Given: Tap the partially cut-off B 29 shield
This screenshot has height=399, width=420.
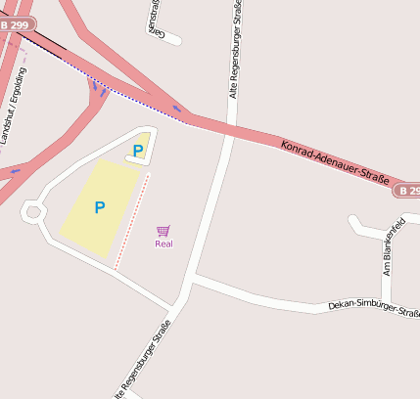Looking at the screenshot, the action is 408,190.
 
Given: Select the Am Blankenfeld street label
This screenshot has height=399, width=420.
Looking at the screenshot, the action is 393,248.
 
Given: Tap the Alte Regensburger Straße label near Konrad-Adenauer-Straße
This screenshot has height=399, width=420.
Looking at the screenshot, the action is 235,49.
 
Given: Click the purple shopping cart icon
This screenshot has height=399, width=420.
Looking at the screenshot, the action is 163,231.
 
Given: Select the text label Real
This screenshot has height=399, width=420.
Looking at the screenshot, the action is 163,244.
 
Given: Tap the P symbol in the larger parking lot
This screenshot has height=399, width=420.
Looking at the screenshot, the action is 99,207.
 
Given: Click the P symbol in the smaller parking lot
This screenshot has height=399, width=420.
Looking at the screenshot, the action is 138,150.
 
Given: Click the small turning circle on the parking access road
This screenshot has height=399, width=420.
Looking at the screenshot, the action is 32,210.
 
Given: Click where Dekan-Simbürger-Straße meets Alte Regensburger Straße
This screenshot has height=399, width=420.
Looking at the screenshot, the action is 190,278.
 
